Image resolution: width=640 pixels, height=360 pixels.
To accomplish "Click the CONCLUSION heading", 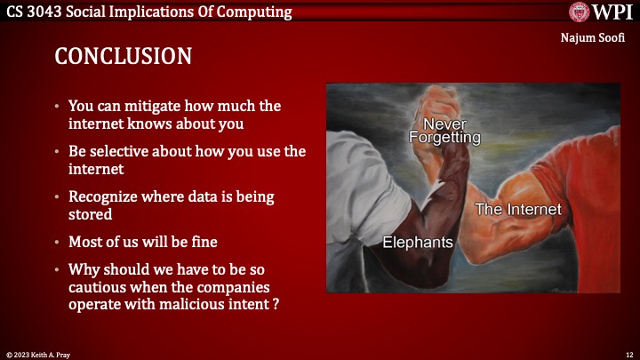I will tap(124, 56).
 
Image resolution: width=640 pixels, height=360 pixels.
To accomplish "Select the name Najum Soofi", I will tap(599, 38).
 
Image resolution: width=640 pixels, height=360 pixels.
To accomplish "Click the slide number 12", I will tap(628, 354).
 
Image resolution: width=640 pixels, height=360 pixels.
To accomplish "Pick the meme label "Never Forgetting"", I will tap(444, 130).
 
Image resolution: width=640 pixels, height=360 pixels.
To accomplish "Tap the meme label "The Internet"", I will tap(518, 210).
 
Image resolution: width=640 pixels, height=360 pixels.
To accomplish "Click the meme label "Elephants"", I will tap(418, 243).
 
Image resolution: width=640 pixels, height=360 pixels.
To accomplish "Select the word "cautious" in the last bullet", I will tap(96, 287).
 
